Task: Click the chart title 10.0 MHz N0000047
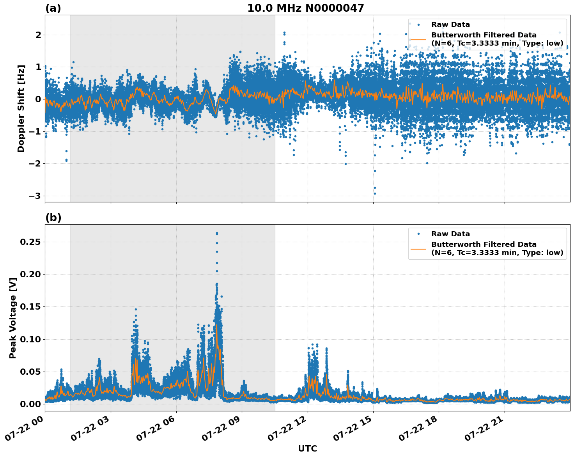coord(305,8)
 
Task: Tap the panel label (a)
coord(53,8)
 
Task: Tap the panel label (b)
coord(53,218)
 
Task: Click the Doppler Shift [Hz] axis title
coord(21,108)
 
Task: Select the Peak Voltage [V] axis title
coord(13,318)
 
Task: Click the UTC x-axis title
coord(307,448)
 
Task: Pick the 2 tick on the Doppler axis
coord(38,35)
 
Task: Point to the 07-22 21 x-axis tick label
coord(487,429)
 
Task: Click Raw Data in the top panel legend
coord(450,25)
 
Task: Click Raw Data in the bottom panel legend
coord(450,234)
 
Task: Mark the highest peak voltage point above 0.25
coord(217,233)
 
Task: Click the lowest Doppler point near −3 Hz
coord(375,193)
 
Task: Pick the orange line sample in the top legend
coord(418,39)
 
